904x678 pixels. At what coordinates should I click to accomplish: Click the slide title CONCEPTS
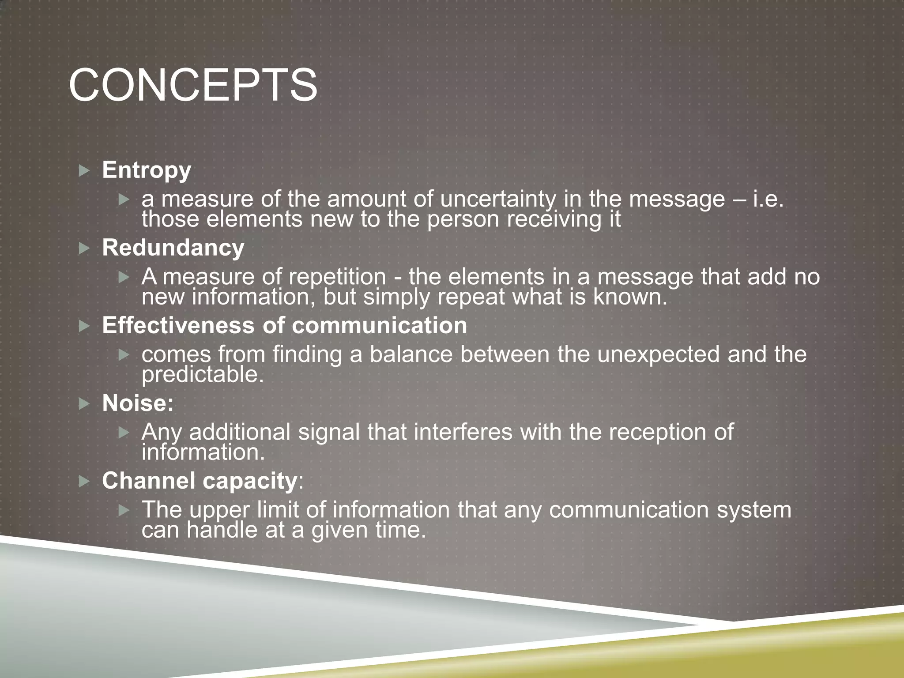pyautogui.click(x=193, y=85)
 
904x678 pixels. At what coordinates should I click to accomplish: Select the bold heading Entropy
pyautogui.click(x=147, y=170)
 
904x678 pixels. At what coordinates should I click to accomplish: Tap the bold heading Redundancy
pyautogui.click(x=173, y=248)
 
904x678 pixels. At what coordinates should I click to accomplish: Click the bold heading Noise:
pyautogui.click(x=138, y=403)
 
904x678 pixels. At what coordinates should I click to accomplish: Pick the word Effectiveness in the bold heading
pyautogui.click(x=178, y=325)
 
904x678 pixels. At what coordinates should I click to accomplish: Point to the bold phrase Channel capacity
pyautogui.click(x=200, y=481)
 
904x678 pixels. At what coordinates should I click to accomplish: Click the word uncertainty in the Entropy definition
pyautogui.click(x=498, y=200)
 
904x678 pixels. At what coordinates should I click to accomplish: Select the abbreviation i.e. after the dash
pyautogui.click(x=768, y=200)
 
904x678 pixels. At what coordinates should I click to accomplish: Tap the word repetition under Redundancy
pyautogui.click(x=337, y=277)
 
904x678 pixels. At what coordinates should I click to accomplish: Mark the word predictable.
pyautogui.click(x=203, y=375)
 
